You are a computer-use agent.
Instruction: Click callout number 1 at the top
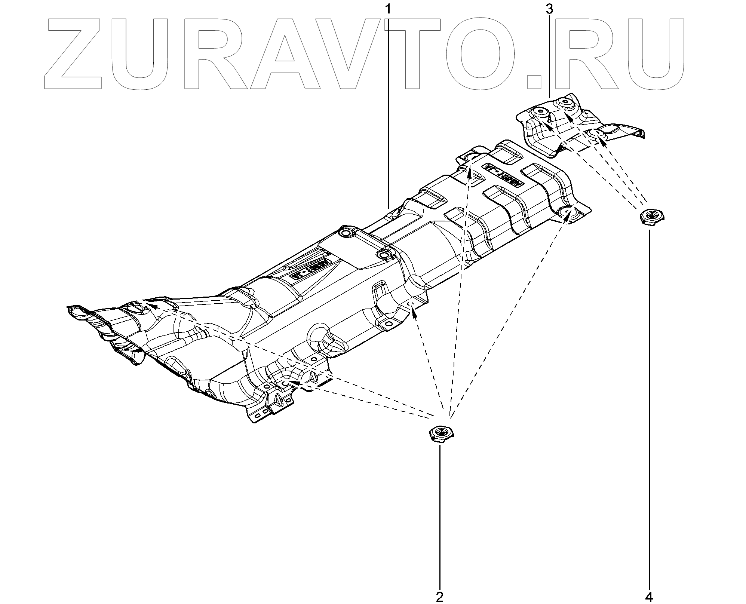pos(388,8)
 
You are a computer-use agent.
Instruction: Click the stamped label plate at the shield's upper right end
pos(505,175)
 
